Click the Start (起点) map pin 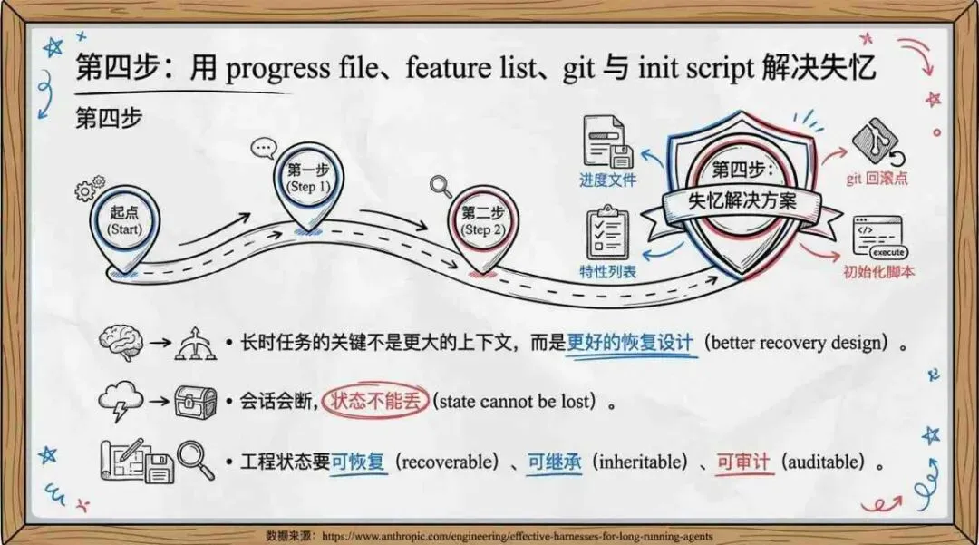(x=126, y=222)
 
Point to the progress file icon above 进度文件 (x=606, y=141)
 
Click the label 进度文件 (x=607, y=180)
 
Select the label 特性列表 (x=607, y=272)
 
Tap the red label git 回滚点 (x=877, y=179)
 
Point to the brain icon (x=121, y=343)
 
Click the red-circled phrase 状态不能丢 (x=375, y=401)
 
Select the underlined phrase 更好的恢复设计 (x=631, y=343)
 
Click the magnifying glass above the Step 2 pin (x=441, y=186)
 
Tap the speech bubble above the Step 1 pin (x=264, y=146)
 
